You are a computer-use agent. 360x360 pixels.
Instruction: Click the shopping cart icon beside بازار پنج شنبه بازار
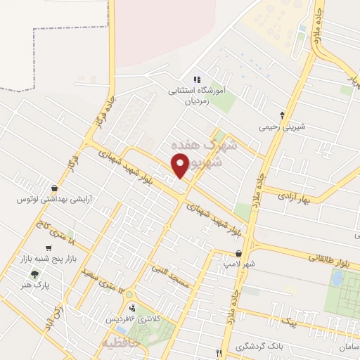point(48,248)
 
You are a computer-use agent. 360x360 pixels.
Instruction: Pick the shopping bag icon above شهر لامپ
point(238,253)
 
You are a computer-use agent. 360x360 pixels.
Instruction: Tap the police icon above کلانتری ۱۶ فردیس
point(132,307)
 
